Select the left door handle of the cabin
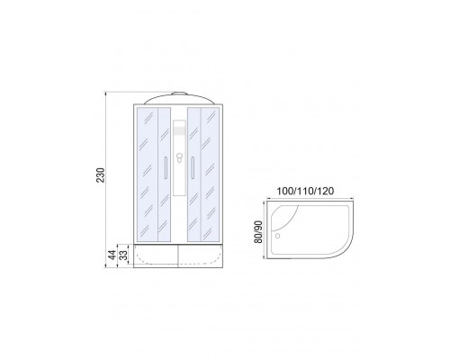click(x=166, y=166)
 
